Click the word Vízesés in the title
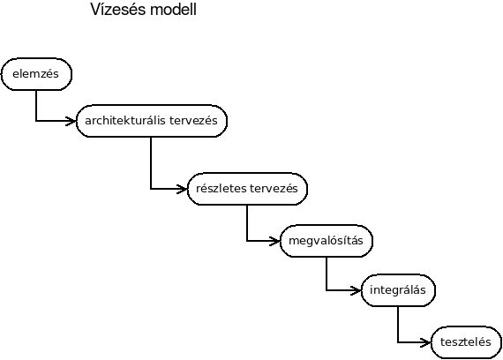pos(118,10)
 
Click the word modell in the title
pos(173,10)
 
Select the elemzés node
pos(36,74)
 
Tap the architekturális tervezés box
pos(152,121)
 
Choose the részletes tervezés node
pos(247,189)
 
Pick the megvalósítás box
pos(327,241)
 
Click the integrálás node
pos(398,290)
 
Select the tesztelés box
pos(466,342)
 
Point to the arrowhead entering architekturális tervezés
pos(71,121)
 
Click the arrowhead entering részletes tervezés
pos(182,189)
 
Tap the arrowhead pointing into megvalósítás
pos(275,241)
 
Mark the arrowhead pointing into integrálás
pos(357,290)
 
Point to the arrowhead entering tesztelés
pos(426,342)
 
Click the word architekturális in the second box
pos(125,121)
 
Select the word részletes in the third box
pos(221,188)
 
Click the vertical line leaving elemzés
pos(36,106)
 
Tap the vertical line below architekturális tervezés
pos(151,163)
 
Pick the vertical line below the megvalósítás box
pos(327,274)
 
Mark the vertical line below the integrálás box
pos(398,325)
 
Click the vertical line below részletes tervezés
pos(247,222)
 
